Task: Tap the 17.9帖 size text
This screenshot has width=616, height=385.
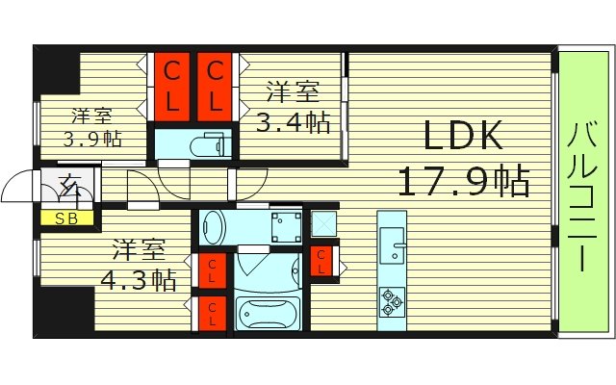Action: (465, 181)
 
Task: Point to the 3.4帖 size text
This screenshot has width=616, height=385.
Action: (294, 122)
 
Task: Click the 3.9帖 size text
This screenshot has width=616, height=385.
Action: (92, 138)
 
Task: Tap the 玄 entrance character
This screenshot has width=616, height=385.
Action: (73, 184)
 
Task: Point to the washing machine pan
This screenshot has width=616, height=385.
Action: (285, 227)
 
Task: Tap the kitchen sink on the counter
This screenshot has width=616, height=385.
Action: (394, 242)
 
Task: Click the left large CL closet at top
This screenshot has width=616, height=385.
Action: (171, 85)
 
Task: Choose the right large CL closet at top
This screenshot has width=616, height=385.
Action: (217, 85)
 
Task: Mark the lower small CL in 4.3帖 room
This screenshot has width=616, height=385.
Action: (212, 312)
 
